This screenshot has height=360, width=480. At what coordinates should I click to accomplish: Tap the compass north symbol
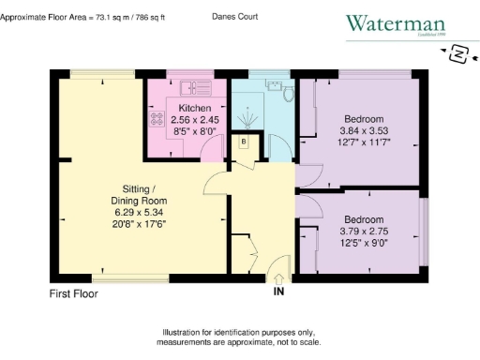pos(458,55)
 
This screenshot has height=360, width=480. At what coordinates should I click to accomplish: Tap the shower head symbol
pos(247,119)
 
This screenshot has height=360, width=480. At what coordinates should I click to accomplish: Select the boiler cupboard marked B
pos(244,142)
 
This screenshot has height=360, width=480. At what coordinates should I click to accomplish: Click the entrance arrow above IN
pos(278,277)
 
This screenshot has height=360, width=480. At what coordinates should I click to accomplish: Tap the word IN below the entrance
pos(278,292)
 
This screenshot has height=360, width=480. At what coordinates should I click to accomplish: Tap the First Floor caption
pos(73,293)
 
